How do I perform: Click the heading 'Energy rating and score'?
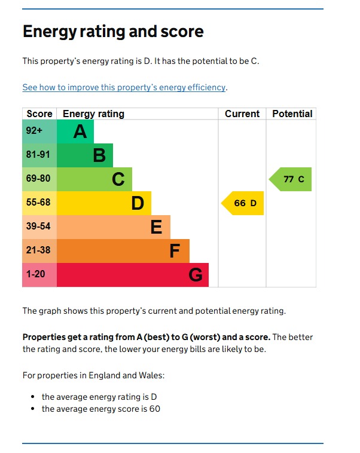point(113,32)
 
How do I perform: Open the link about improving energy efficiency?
point(124,87)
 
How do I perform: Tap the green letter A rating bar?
point(75,131)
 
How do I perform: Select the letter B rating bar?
point(85,155)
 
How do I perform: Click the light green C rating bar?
point(94,179)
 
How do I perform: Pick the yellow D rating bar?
point(104,203)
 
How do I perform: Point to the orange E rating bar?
point(114,227)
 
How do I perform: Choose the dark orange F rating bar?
point(123,251)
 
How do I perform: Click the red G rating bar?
point(133,275)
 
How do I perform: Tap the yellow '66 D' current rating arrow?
point(243,203)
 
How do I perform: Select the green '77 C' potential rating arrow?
point(291,179)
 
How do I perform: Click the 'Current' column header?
point(242,114)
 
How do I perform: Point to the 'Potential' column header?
point(292,114)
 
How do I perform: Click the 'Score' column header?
point(39,114)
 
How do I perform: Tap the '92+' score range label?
point(34,131)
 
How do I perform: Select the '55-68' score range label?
point(38,203)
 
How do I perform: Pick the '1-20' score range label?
point(36,274)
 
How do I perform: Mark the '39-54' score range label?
point(38,227)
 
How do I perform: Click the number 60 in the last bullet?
point(155,409)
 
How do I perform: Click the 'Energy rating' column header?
point(93,114)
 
